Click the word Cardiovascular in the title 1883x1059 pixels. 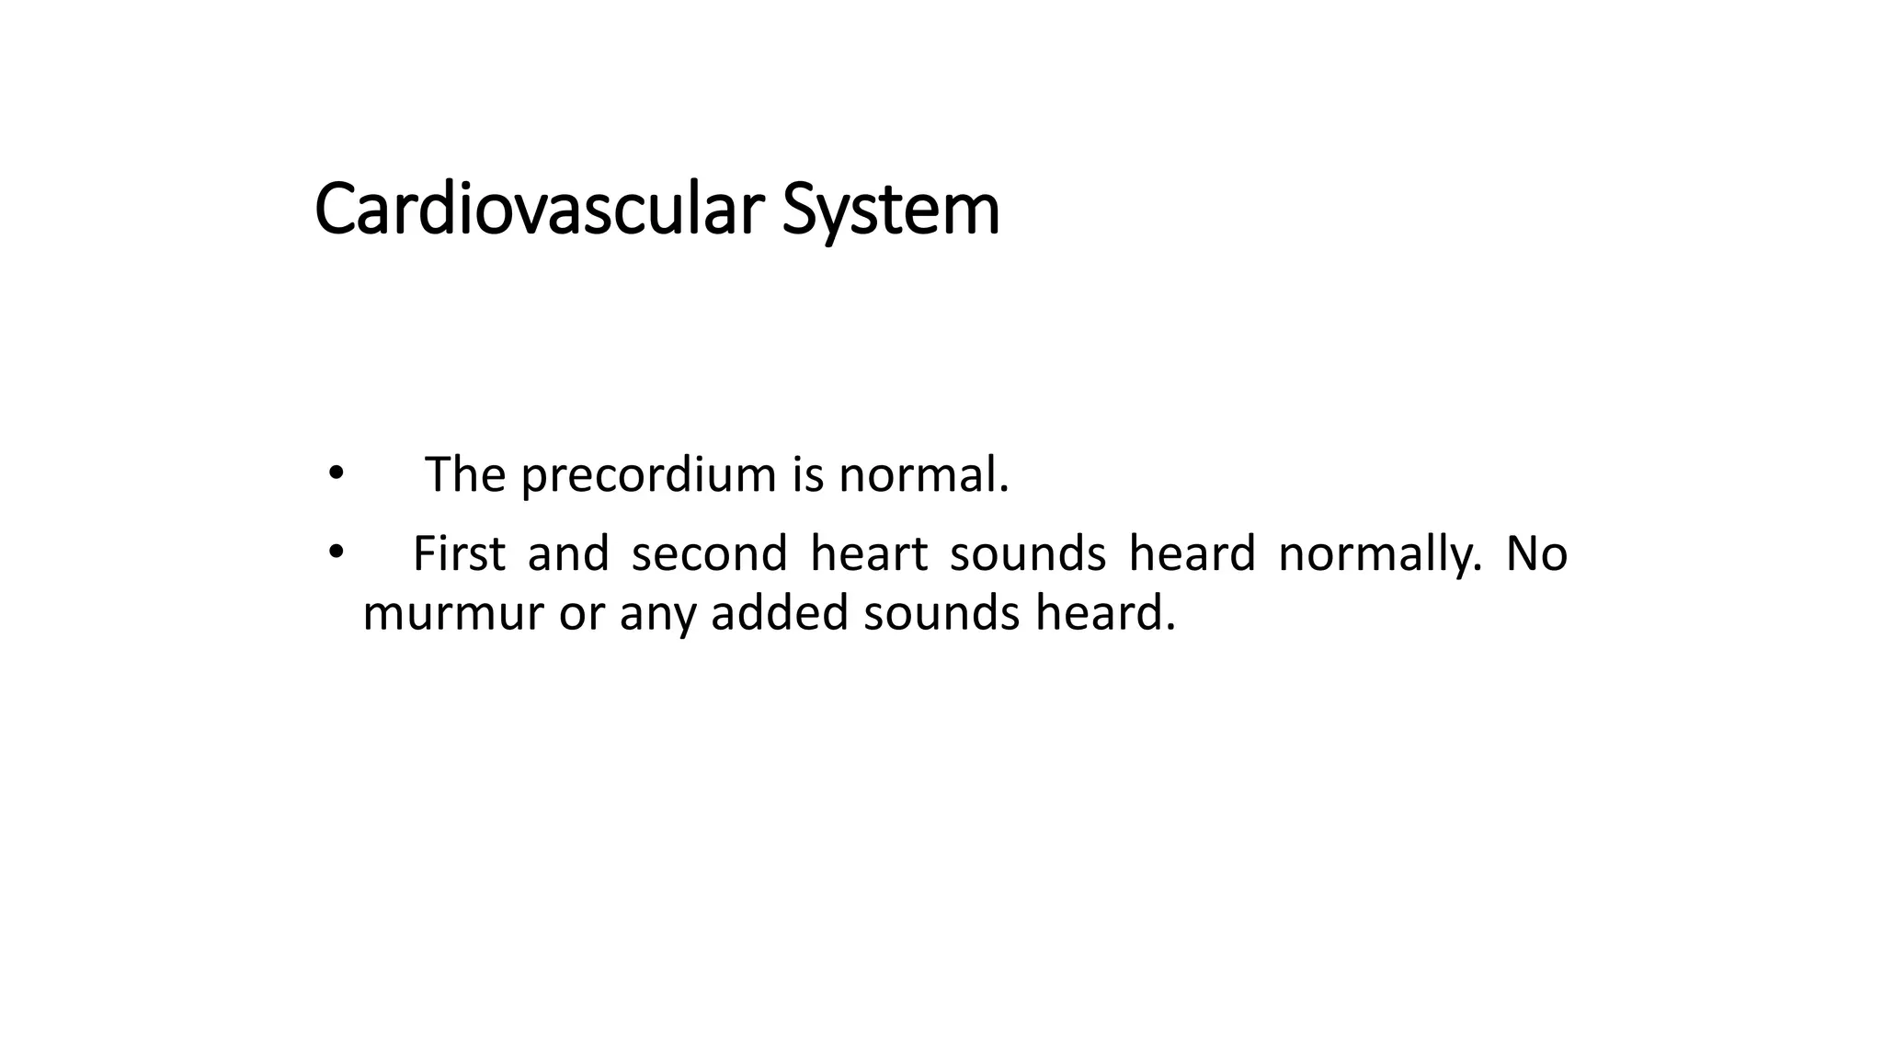click(539, 210)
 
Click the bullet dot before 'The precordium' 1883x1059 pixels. click(336, 473)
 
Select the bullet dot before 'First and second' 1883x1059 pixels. click(336, 552)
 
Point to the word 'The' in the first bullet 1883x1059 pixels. click(465, 475)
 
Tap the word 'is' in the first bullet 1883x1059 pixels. click(807, 475)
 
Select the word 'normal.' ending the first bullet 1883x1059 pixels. click(923, 475)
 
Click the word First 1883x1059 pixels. click(459, 554)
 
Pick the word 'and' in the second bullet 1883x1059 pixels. click(568, 554)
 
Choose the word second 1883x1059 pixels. click(709, 554)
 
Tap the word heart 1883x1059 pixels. click(868, 554)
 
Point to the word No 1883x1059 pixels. click(1536, 554)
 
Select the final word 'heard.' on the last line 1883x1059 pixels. click(1105, 612)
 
